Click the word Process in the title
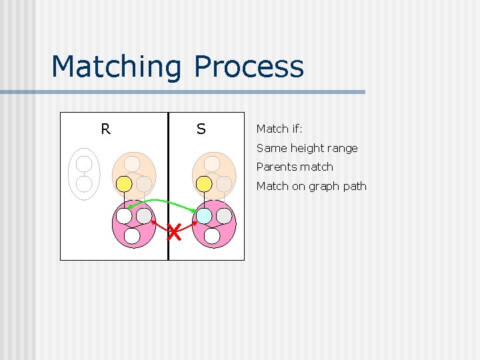tap(249, 67)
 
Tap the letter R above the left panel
tap(105, 129)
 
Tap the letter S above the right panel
tap(201, 129)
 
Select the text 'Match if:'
tap(279, 129)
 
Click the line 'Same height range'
tap(307, 148)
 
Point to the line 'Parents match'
tap(295, 167)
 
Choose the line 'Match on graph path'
tap(311, 186)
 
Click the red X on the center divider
tap(173, 233)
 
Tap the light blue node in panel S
tap(204, 216)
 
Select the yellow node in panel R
tap(124, 183)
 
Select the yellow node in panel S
tap(204, 183)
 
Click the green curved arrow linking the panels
tap(163, 201)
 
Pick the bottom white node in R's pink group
tap(132, 236)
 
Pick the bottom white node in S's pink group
tap(212, 236)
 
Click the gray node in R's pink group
tap(144, 216)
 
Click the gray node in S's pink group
tap(224, 216)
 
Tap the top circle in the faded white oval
tap(84, 164)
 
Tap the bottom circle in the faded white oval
tap(84, 183)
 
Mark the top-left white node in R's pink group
tap(124, 216)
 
